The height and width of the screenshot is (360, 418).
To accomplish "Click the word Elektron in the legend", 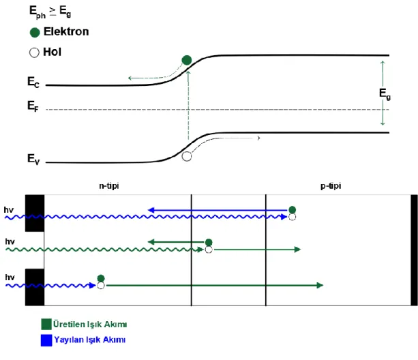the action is (x=66, y=32).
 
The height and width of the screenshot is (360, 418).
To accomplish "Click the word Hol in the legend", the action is (x=53, y=52).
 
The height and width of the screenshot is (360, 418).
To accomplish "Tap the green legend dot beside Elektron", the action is (x=35, y=32).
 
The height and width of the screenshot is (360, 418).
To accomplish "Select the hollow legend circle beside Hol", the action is (x=34, y=52).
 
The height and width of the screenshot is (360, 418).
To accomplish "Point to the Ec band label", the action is (x=33, y=82).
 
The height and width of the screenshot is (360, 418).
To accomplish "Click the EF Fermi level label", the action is (x=33, y=106).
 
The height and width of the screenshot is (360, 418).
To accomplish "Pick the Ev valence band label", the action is (x=33, y=159).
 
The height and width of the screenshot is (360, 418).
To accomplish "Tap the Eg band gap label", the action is (x=385, y=94).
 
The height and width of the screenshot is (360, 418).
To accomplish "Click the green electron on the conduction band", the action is (x=187, y=60).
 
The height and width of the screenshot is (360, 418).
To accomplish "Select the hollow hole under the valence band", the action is (x=187, y=156).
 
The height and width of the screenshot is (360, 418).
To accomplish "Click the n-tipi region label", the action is (x=109, y=185).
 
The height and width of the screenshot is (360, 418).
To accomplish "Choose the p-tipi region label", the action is (x=331, y=185).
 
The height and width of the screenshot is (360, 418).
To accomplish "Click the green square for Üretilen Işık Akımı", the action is (x=46, y=324).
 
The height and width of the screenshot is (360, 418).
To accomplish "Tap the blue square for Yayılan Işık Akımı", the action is (x=46, y=340).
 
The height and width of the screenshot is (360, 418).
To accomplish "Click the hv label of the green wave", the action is (x=10, y=241).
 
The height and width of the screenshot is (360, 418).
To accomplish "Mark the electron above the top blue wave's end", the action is (x=292, y=210).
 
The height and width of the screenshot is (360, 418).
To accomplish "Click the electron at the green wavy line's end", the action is (x=209, y=243).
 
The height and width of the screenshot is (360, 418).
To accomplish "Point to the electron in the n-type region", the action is (x=101, y=278).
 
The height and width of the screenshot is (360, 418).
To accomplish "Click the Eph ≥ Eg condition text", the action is (x=50, y=12).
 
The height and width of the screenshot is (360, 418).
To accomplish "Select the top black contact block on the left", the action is (x=35, y=213).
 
